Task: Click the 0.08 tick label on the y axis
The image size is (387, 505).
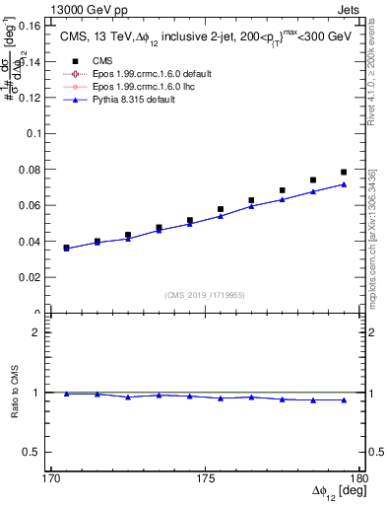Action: pyautogui.click(x=35, y=170)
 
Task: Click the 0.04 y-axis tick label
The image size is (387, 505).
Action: pyautogui.click(x=35, y=242)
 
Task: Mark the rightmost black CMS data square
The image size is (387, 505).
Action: pyautogui.click(x=344, y=173)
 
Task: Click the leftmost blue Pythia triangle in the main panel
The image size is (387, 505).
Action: pyautogui.click(x=66, y=249)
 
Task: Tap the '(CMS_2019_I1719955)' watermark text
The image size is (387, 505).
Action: pyautogui.click(x=205, y=295)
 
